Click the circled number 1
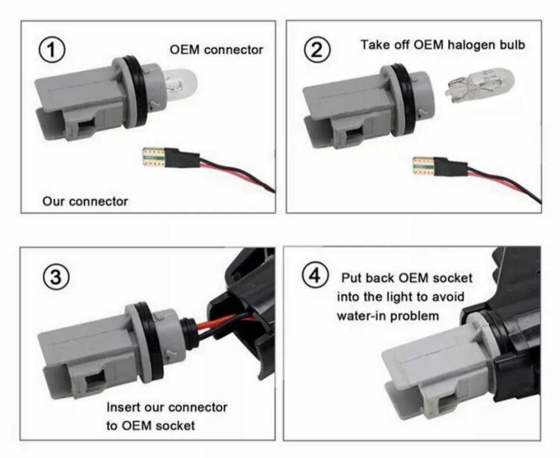(x=52, y=50)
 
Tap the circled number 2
(x=317, y=50)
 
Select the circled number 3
(x=56, y=277)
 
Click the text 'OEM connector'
(x=216, y=50)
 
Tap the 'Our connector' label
(x=85, y=202)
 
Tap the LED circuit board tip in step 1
(x=153, y=158)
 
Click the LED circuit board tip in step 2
(x=423, y=166)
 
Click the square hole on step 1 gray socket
(x=85, y=128)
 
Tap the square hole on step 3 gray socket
(x=94, y=381)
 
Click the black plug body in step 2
(x=451, y=166)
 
